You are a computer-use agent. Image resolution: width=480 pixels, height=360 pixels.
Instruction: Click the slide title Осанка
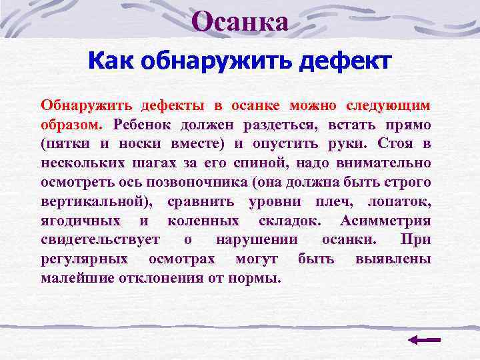240,23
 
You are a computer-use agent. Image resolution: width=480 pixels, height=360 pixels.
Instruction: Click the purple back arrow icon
423,339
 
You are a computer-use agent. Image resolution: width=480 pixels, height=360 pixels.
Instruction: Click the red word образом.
71,125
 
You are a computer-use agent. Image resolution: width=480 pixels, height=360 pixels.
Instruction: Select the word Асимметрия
385,221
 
